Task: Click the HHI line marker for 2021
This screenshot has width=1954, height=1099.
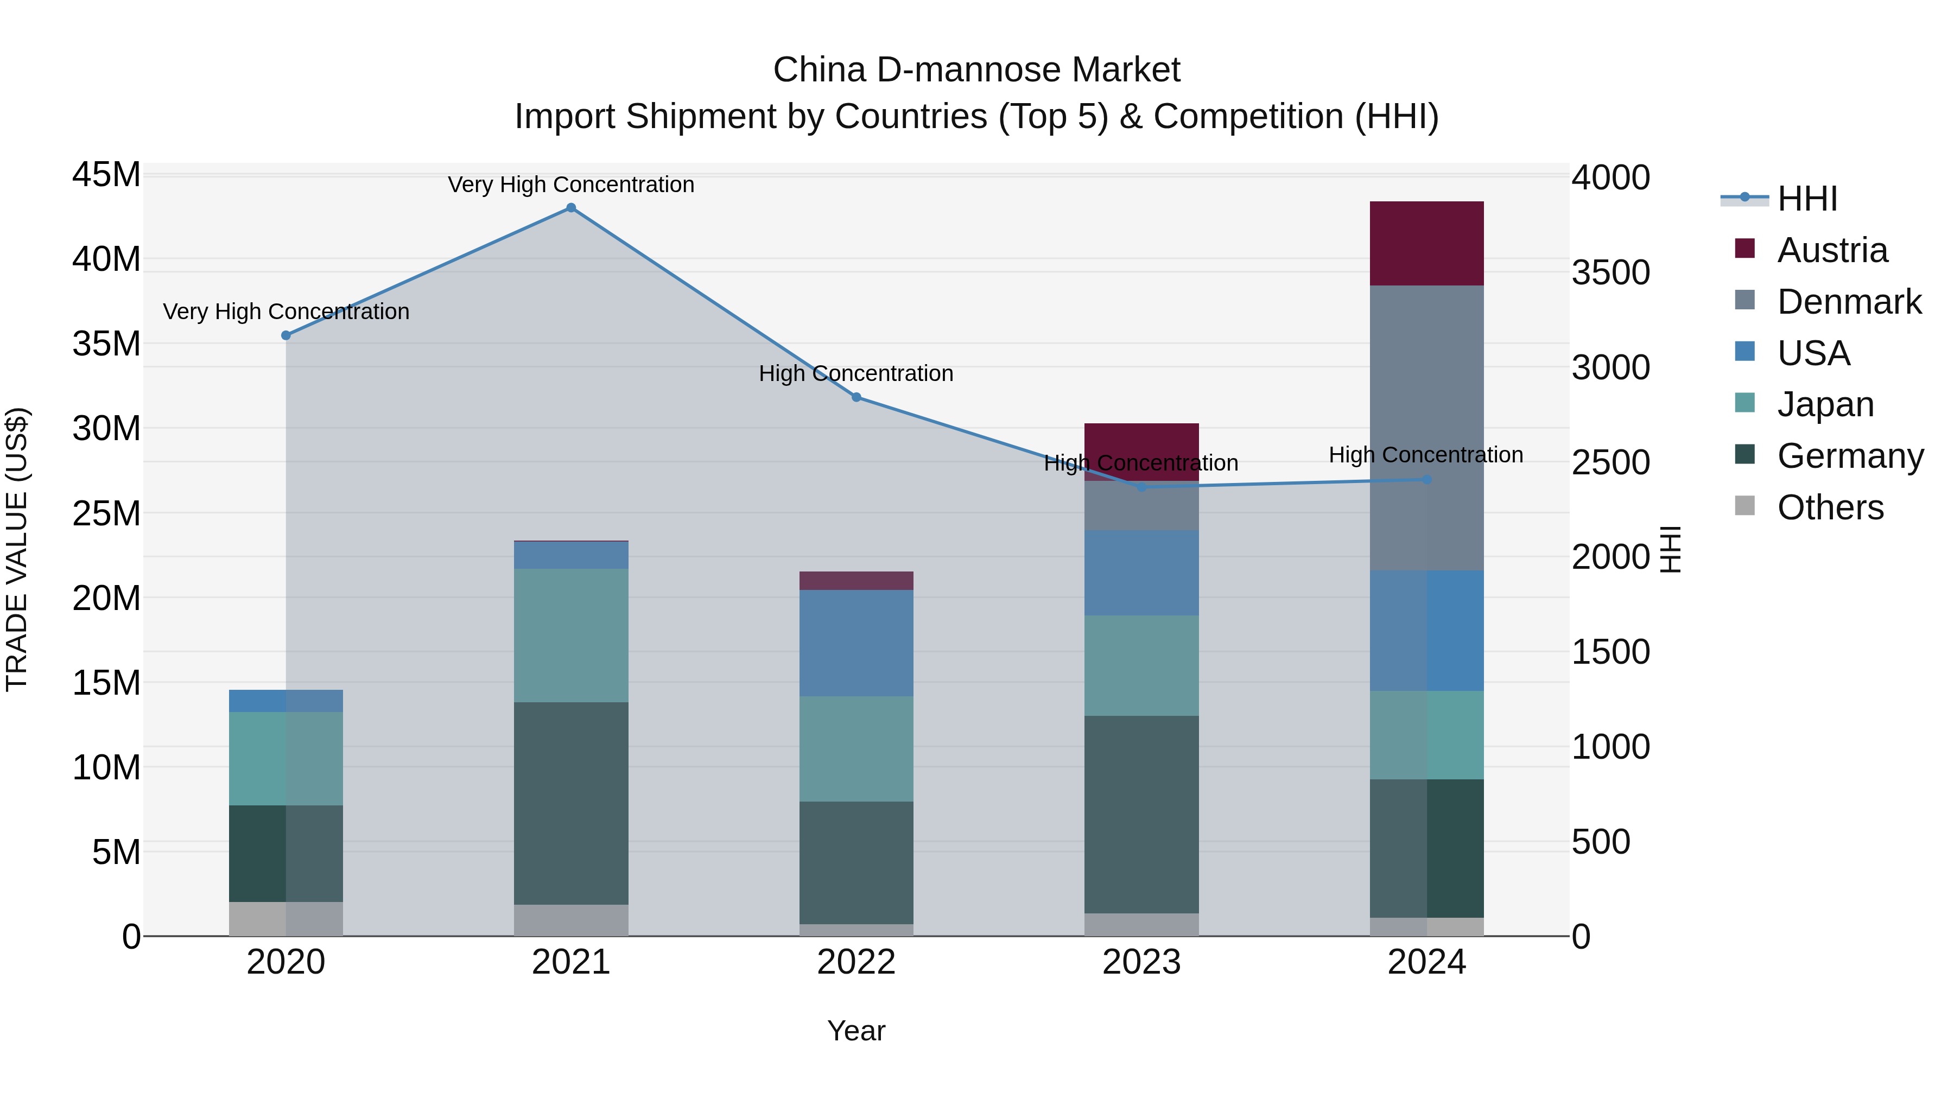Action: [x=571, y=208]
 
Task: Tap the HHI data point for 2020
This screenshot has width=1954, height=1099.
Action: [x=286, y=335]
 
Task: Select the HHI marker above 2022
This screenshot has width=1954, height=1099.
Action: [x=857, y=397]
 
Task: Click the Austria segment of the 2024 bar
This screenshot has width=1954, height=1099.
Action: [x=1426, y=244]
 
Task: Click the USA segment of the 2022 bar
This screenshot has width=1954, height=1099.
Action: [x=857, y=643]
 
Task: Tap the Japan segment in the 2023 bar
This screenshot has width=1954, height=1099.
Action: [x=1141, y=665]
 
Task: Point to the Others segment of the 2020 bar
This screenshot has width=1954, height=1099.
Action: [x=286, y=918]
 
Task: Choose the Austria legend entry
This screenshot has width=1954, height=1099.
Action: [x=1832, y=250]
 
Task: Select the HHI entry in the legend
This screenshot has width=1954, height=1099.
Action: [x=1807, y=199]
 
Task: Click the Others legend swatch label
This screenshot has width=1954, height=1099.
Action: [x=1830, y=507]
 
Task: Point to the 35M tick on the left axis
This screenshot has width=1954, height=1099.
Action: [x=106, y=344]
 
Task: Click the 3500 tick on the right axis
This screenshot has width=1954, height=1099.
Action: [x=1610, y=272]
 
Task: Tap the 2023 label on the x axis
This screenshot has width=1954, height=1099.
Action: [x=1141, y=962]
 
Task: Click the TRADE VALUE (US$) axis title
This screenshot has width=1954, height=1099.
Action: [x=17, y=549]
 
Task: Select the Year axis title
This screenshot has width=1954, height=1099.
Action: [x=857, y=1031]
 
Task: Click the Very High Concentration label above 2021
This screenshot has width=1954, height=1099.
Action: [x=571, y=185]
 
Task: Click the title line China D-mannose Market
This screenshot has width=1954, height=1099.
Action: [x=976, y=70]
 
